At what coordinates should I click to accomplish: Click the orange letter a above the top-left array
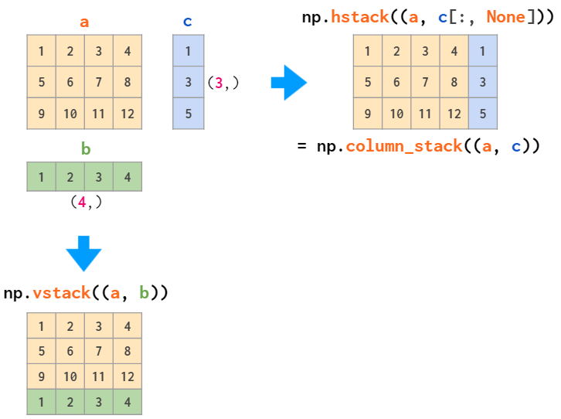(x=84, y=22)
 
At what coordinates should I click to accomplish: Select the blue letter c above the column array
(x=188, y=22)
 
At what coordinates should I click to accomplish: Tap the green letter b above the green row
(x=85, y=149)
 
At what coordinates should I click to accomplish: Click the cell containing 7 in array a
(x=98, y=82)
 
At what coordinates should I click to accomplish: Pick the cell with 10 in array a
(x=70, y=114)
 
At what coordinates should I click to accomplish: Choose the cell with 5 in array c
(x=188, y=114)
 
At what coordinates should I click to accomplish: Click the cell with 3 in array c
(x=188, y=82)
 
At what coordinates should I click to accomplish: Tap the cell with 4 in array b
(x=127, y=177)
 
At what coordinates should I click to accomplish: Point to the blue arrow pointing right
(x=289, y=83)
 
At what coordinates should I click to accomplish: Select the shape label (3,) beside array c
(x=223, y=83)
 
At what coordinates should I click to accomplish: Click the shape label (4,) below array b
(x=85, y=203)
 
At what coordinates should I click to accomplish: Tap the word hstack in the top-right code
(x=360, y=17)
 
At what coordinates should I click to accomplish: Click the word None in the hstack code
(x=506, y=17)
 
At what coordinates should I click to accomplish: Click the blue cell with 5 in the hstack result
(x=483, y=114)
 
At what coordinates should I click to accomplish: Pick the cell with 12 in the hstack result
(x=454, y=114)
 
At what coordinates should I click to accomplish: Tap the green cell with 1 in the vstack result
(x=41, y=402)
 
